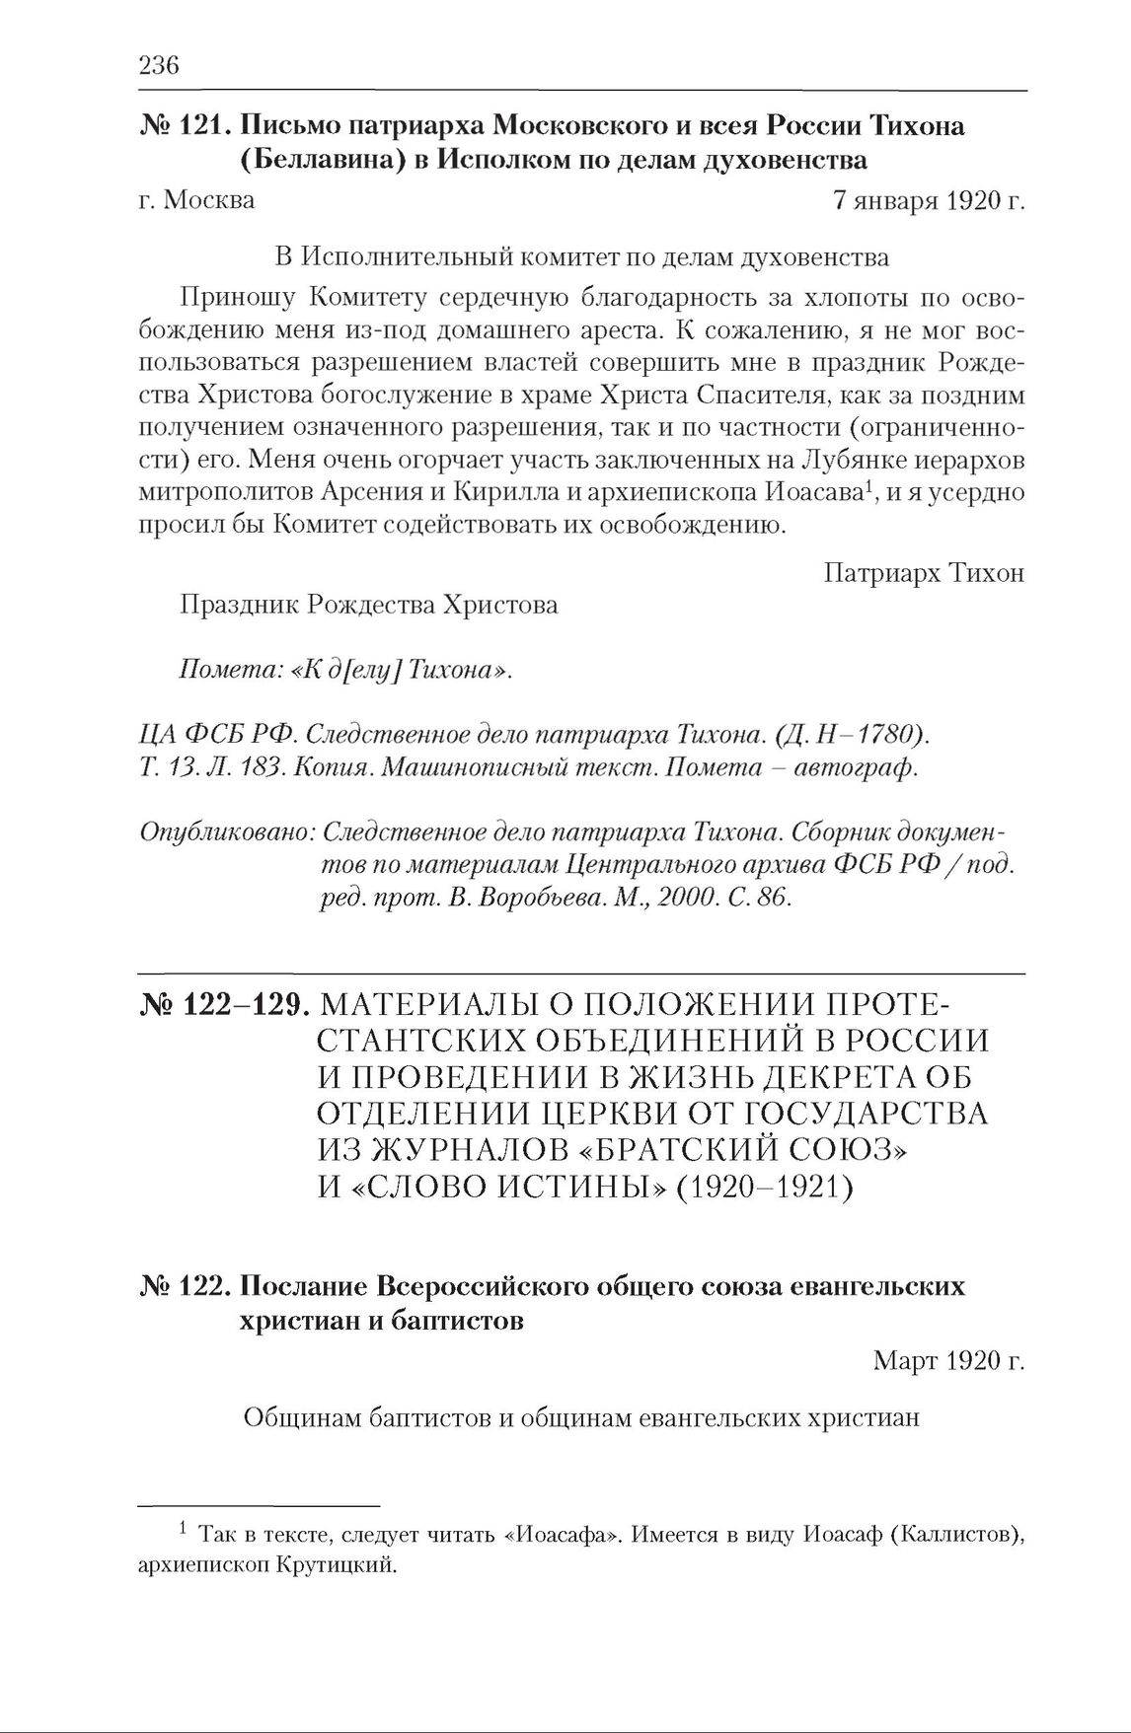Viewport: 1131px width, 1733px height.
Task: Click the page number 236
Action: coord(159,66)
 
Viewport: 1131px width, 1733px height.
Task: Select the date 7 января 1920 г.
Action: coord(928,200)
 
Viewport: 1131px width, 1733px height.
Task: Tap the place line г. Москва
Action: coord(197,200)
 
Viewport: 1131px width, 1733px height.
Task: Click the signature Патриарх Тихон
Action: coord(924,573)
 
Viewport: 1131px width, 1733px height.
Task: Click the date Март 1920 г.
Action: coord(948,1362)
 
